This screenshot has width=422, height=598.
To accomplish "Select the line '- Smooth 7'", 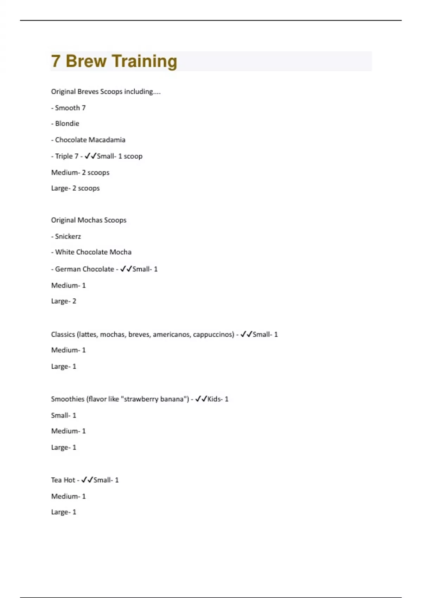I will coord(68,108).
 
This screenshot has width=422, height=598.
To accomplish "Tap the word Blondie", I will coord(67,123).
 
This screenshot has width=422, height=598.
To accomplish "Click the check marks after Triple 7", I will coord(90,156).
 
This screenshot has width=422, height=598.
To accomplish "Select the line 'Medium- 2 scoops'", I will coord(80,172).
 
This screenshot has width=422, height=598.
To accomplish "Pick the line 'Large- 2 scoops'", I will coord(75,188).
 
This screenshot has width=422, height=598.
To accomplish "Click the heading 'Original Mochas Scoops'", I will coord(89,220).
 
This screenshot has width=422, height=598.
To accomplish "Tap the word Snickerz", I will coord(68,236).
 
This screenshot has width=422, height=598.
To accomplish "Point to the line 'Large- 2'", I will coord(64,301).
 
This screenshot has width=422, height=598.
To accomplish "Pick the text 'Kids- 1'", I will coord(218,399).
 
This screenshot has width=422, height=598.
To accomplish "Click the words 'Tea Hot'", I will coord(63,480).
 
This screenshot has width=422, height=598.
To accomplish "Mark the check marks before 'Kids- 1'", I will coord(201,399).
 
